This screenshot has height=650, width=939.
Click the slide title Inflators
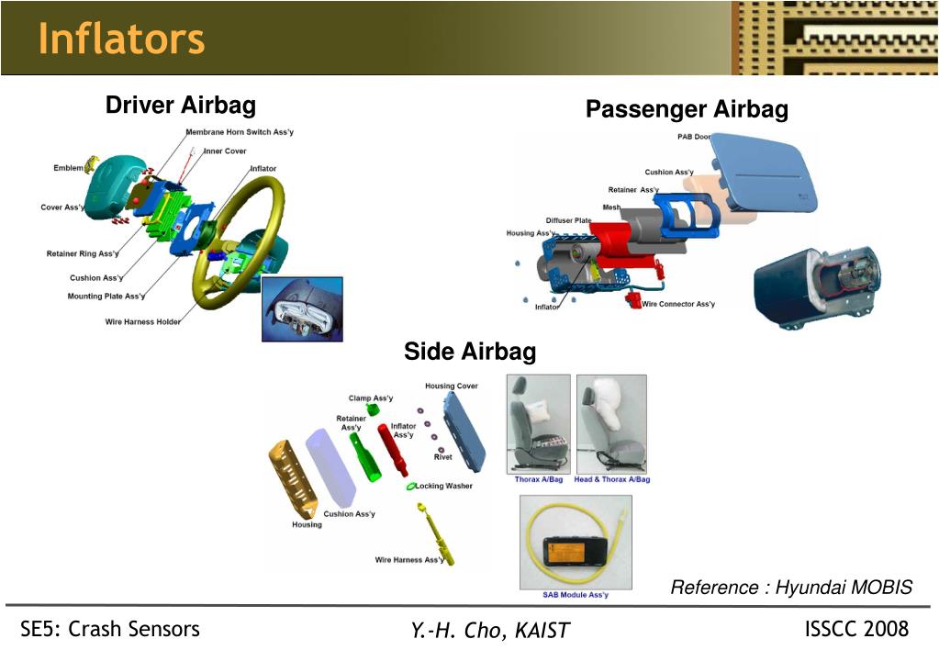tap(121, 39)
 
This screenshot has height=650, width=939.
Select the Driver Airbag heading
tap(180, 106)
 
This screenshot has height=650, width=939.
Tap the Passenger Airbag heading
tap(687, 110)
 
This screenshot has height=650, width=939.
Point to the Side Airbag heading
tap(470, 352)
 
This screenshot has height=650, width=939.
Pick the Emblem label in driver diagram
tap(68, 168)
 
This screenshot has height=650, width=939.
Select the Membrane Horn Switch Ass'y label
tap(240, 132)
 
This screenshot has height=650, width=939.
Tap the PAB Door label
tap(693, 137)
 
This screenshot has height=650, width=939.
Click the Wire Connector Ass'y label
tap(678, 304)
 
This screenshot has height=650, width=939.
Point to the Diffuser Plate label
tap(568, 220)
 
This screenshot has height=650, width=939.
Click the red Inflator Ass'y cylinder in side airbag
tap(401, 456)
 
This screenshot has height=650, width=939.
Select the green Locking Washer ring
tap(411, 486)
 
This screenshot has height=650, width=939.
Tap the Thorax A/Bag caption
tap(538, 479)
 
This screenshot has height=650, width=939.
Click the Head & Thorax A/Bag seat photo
tap(611, 423)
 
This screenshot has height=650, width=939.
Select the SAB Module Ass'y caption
tap(575, 595)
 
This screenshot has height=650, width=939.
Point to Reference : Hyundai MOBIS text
tap(791, 588)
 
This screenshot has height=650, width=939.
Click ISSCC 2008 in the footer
tap(855, 629)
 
